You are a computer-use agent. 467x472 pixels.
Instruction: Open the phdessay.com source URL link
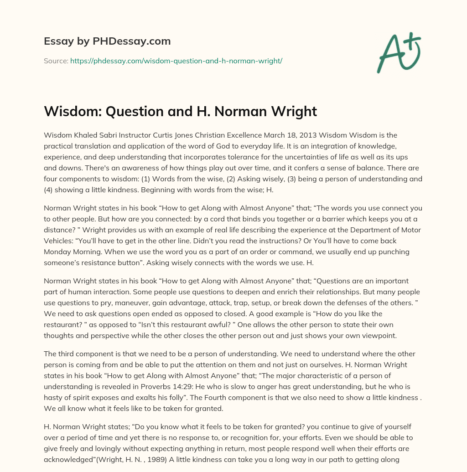click(176, 61)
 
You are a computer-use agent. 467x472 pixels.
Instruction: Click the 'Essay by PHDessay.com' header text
click(107, 41)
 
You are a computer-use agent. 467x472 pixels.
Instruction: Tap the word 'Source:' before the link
click(56, 61)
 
